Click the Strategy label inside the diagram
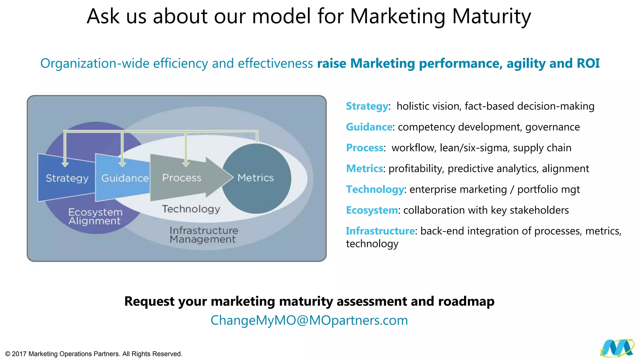click(67, 178)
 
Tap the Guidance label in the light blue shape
click(125, 178)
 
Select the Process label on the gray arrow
click(182, 178)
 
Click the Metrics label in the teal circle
click(255, 178)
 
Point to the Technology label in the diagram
click(191, 209)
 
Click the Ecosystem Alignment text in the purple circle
click(95, 216)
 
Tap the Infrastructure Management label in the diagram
click(203, 235)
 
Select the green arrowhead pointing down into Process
click(186, 164)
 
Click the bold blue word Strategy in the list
click(367, 106)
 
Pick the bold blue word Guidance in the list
click(369, 127)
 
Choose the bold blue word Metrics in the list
click(364, 169)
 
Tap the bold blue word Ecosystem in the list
click(372, 210)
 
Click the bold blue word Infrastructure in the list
click(380, 231)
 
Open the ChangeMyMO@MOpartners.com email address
click(309, 320)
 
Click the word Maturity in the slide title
click(491, 16)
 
